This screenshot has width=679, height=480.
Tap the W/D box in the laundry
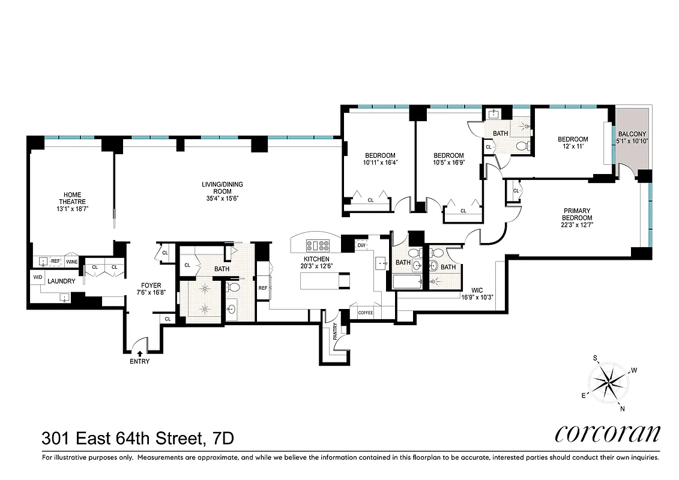point(37,278)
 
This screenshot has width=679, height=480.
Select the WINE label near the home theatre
point(72,262)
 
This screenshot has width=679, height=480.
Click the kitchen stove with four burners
point(318,245)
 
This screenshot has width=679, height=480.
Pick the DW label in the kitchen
point(361,245)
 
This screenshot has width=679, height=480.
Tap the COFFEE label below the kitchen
point(365,313)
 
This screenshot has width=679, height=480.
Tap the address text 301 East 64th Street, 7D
point(138,439)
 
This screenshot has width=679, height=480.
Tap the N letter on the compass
point(622,409)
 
